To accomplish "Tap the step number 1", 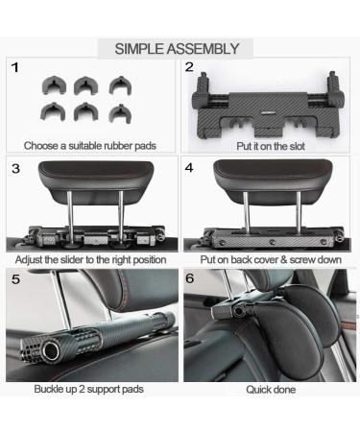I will [15, 68].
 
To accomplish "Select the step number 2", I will [189, 68].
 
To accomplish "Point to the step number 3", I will [15, 168].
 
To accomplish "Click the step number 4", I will [189, 168].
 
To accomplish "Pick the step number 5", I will [14, 280].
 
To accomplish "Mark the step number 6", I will [189, 280].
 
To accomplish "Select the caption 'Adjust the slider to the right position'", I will [91, 259].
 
